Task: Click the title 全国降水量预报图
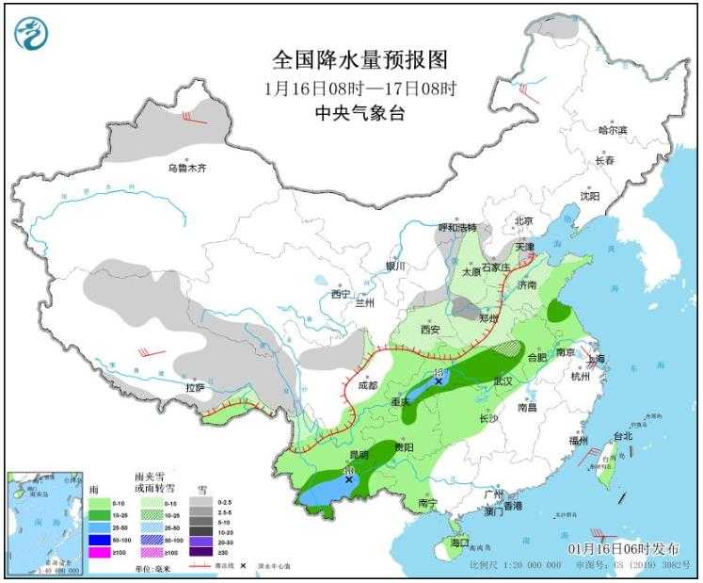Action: (x=359, y=60)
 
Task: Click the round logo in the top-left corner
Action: (x=32, y=35)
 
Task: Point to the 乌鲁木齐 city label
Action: (x=186, y=169)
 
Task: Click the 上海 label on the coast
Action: (x=594, y=359)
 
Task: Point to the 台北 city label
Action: (x=623, y=436)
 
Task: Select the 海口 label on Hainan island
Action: (x=458, y=543)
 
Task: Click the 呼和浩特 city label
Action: (x=458, y=228)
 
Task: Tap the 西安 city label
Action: (x=430, y=330)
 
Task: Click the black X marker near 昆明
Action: (x=350, y=479)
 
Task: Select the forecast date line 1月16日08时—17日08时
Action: (x=359, y=89)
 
